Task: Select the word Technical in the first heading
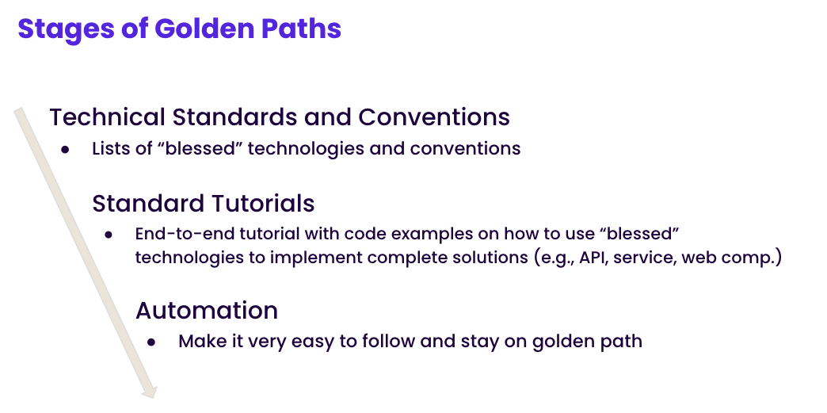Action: pyautogui.click(x=108, y=117)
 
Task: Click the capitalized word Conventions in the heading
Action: pyautogui.click(x=433, y=117)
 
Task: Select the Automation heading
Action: pyautogui.click(x=207, y=310)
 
